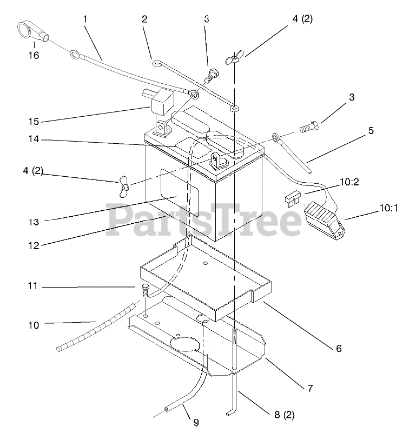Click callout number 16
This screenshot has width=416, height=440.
(x=33, y=55)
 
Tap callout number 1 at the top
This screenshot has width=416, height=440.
(x=85, y=19)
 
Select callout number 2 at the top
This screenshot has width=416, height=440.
(x=144, y=19)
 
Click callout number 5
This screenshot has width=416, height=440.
(x=372, y=130)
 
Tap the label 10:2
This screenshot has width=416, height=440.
(x=349, y=183)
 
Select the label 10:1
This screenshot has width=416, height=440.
(x=388, y=207)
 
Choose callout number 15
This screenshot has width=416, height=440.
(x=33, y=121)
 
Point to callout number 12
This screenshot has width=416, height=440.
(x=34, y=245)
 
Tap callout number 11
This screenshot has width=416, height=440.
(x=33, y=286)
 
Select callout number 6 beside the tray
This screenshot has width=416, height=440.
(x=339, y=349)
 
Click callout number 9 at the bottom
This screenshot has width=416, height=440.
(x=195, y=423)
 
